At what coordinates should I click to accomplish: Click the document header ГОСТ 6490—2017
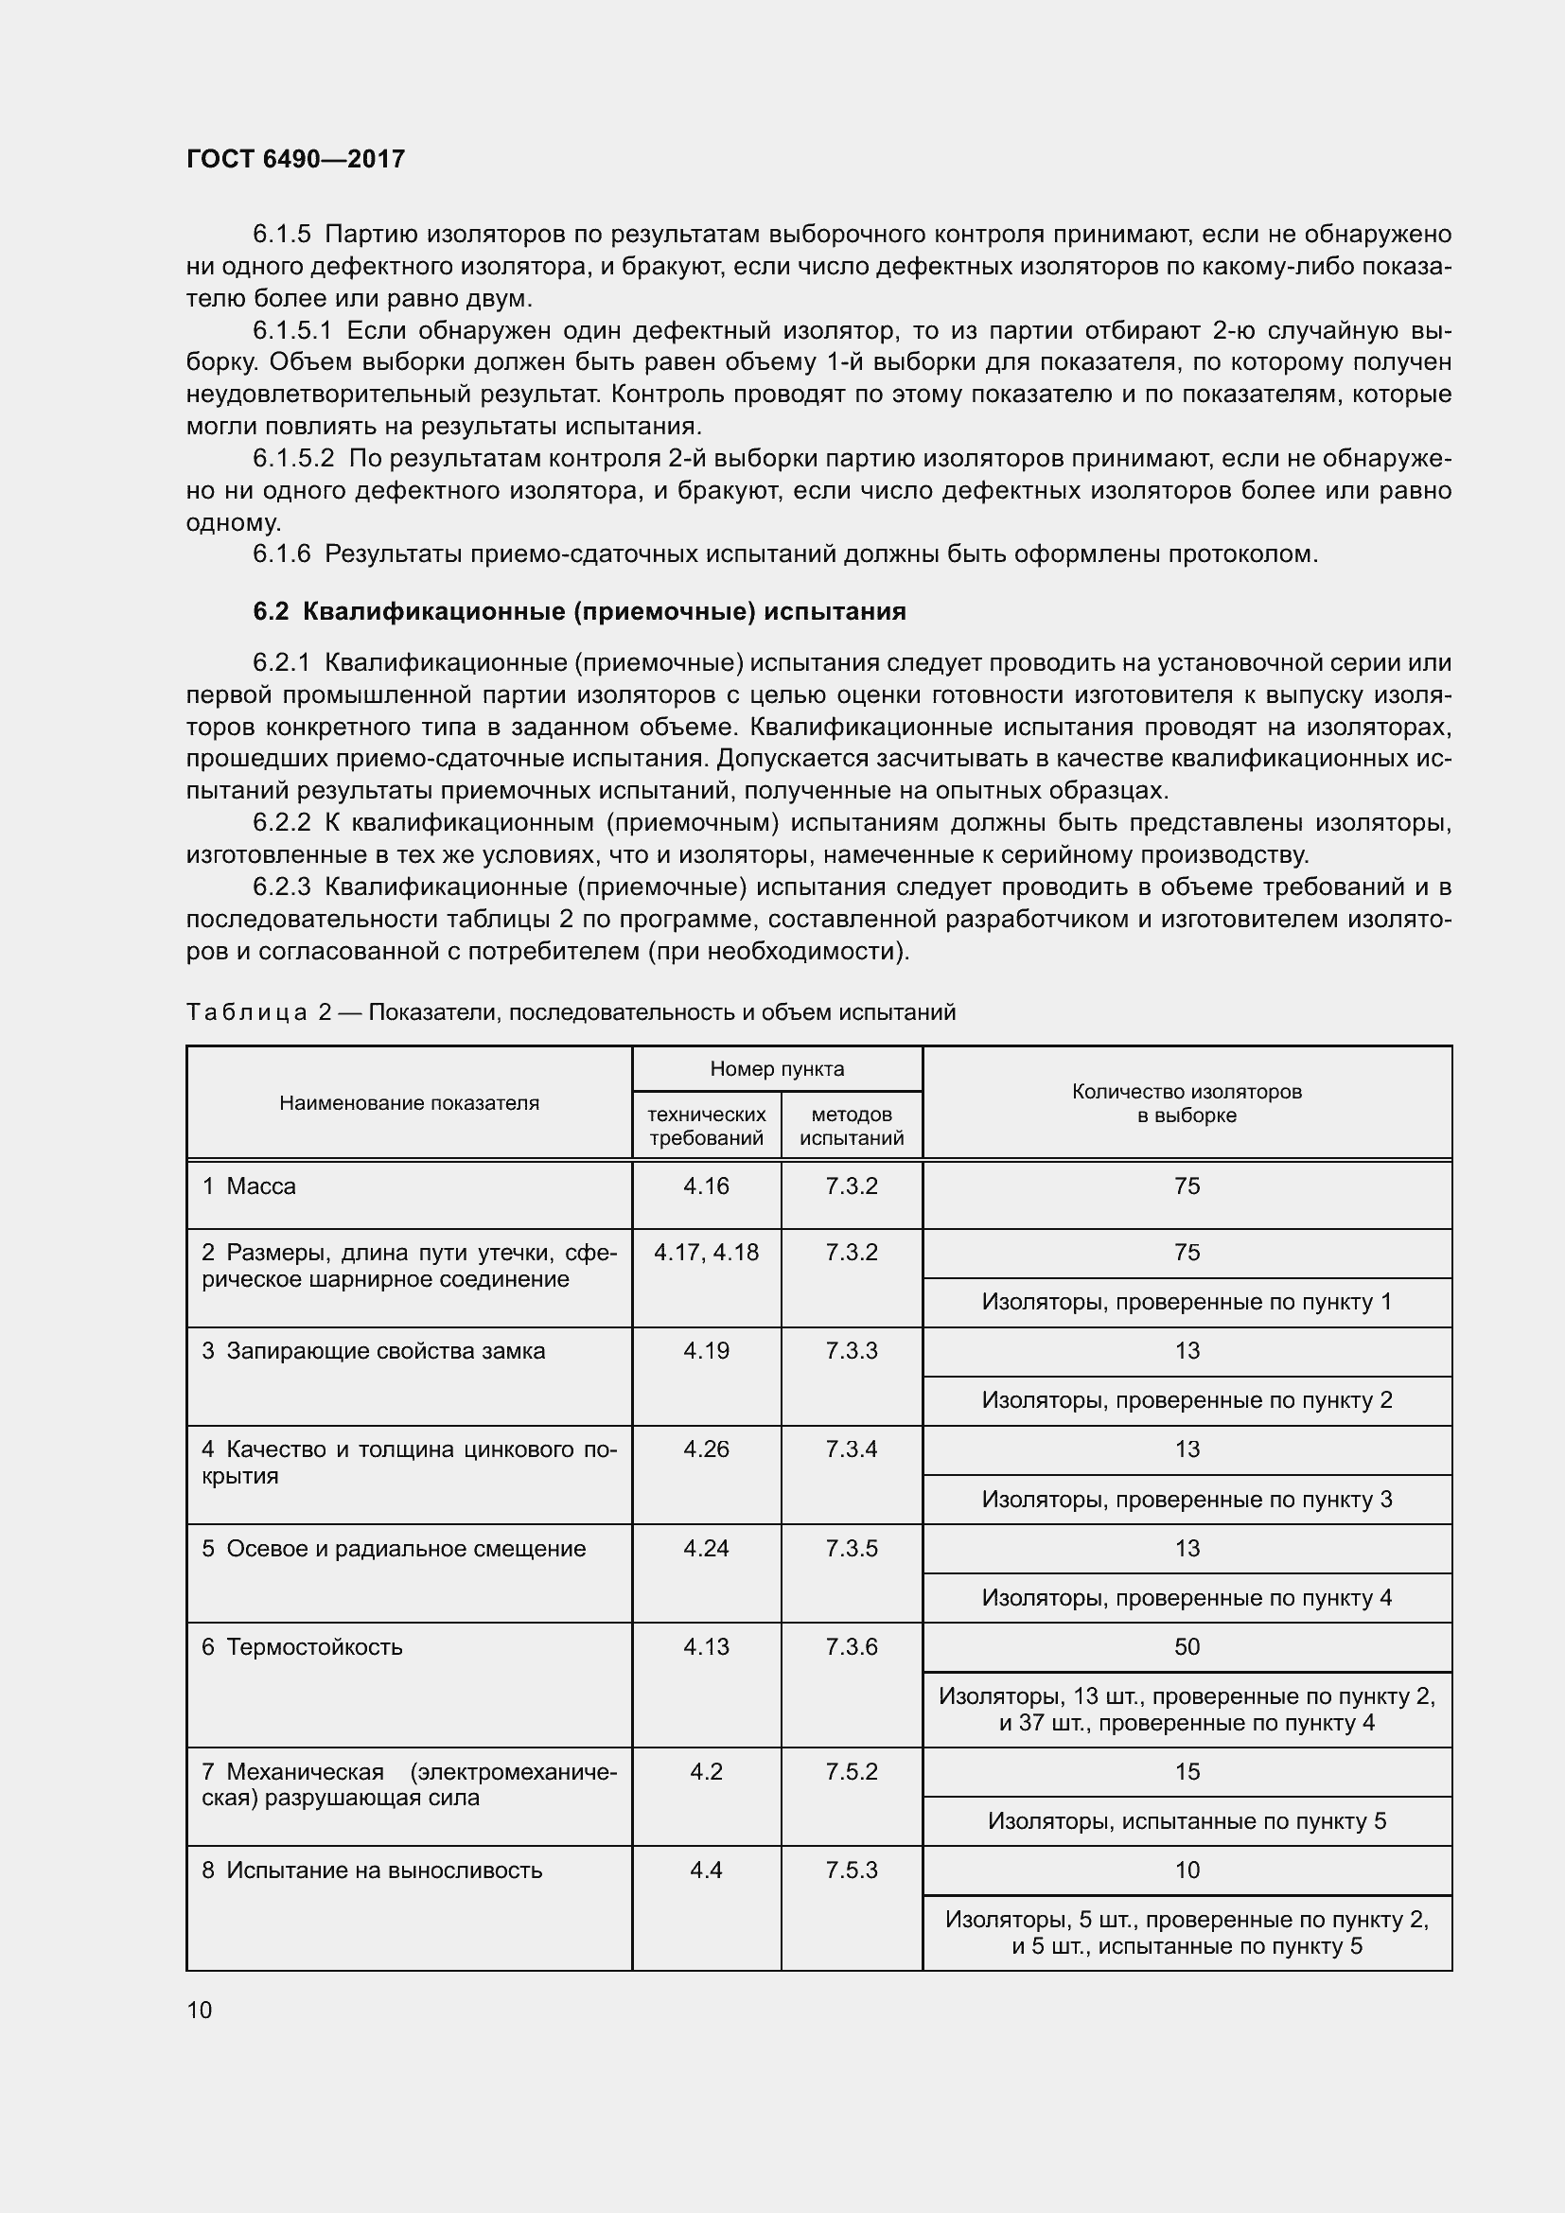(295, 159)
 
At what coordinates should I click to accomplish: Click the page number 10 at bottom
(200, 2010)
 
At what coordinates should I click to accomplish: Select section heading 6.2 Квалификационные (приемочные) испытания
(579, 611)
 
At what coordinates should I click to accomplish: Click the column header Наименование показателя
(409, 1102)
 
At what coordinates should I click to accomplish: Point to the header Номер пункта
(777, 1068)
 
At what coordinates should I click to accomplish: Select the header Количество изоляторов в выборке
(1187, 1102)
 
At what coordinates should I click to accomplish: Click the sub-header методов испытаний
(851, 1126)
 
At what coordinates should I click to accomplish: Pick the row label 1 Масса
(249, 1186)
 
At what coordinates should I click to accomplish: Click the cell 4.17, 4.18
(706, 1252)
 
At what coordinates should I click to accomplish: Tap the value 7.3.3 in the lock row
(851, 1350)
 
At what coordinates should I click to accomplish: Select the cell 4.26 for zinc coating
(706, 1449)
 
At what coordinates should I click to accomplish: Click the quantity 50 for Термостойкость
(1187, 1646)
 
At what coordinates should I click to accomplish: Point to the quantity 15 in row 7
(1187, 1771)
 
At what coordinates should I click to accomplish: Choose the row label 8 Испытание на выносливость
(372, 1870)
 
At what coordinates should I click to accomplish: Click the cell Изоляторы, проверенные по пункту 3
(1187, 1499)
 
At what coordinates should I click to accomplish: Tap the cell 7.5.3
(851, 1870)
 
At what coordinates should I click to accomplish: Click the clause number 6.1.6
(281, 554)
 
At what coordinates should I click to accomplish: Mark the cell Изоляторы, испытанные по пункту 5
(1187, 1820)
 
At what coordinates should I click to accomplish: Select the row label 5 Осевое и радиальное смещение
(394, 1548)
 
